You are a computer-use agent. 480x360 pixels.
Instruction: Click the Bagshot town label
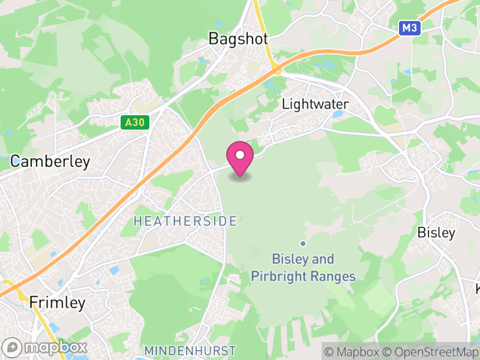pos(238,38)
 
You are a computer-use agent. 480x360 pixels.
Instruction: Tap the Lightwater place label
pos(315,104)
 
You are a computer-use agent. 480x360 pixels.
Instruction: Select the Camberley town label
pos(50,161)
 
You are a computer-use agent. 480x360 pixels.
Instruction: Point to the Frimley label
pos(58,302)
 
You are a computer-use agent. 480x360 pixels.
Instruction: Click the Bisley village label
pos(436,233)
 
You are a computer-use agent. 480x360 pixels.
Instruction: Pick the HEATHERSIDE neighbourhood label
pos(185,221)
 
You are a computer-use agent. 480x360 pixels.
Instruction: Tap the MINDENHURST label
pos(190,350)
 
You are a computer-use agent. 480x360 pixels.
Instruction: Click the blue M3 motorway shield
pos(410,28)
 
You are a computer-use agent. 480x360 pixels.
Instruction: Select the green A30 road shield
pos(134,122)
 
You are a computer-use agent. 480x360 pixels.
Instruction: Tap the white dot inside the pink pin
pos(240,155)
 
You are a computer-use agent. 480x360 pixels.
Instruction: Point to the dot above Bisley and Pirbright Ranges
pos(303,243)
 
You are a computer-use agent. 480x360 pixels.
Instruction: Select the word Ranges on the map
pos(334,277)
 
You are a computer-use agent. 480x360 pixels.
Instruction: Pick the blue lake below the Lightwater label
pos(337,113)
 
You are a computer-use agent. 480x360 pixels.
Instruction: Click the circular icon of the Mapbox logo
pos(13,347)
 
